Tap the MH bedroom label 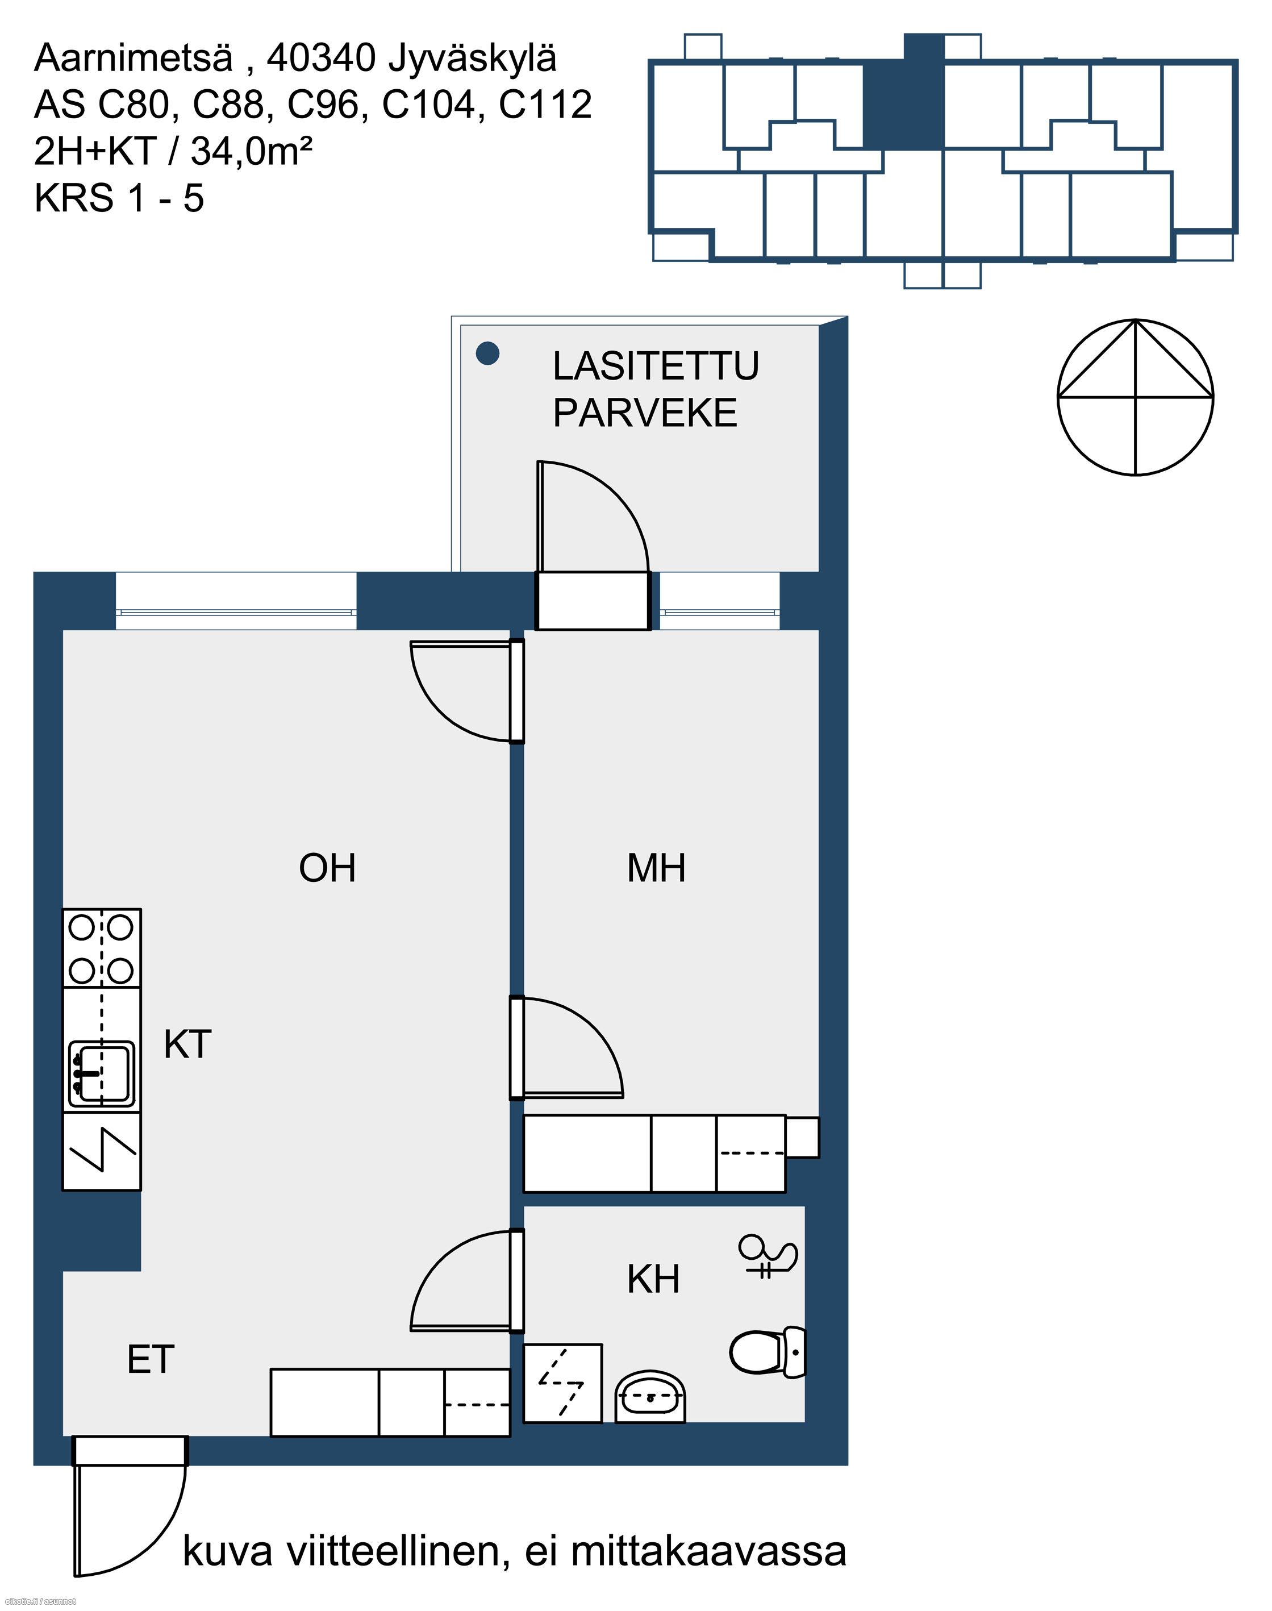656,868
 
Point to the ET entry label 151,1359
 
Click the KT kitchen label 187,1044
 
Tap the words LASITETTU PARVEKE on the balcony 656,389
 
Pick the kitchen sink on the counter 102,1073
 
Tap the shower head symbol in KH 768,1257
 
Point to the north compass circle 1136,397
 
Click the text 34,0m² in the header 251,152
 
